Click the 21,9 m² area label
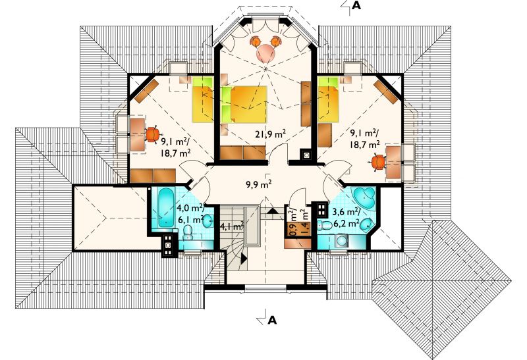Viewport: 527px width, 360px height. pos(270,134)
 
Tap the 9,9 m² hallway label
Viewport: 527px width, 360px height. pos(258,184)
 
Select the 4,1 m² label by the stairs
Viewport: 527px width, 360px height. pos(232,226)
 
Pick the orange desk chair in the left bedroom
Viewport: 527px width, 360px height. pos(152,134)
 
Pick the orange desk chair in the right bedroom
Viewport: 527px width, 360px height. pos(379,163)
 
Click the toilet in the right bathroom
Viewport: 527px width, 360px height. pos(323,226)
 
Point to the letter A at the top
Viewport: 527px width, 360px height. pos(356,5)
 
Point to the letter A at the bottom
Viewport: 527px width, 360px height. pos(272,321)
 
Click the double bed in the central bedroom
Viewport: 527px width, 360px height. pos(244,105)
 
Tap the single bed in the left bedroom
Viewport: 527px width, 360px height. pos(203,99)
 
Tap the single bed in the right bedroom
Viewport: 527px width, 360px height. pos(327,99)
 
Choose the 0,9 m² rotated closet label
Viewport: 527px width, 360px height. pos(292,222)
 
